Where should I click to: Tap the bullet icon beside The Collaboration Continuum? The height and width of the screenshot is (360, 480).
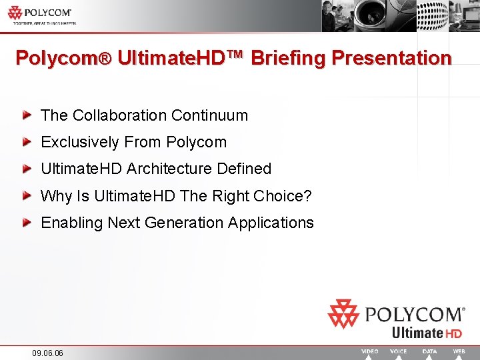[27, 115]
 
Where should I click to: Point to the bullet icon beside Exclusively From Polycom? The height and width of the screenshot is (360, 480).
[27, 142]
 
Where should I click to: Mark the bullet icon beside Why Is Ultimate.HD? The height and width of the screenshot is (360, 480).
[27, 196]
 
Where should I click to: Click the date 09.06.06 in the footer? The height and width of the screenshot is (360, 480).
[47, 353]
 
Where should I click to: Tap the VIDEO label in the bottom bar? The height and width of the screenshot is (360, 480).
[369, 351]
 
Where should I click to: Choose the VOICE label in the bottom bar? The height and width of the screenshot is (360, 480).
[398, 351]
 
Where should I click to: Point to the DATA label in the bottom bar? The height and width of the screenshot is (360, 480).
[430, 351]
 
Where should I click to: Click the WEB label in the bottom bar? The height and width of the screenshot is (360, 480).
[459, 351]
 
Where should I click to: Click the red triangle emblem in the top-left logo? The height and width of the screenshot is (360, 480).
[15, 13]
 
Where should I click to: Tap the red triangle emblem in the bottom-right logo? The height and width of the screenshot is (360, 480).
[343, 314]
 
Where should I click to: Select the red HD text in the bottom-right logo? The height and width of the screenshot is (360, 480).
[454, 333]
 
